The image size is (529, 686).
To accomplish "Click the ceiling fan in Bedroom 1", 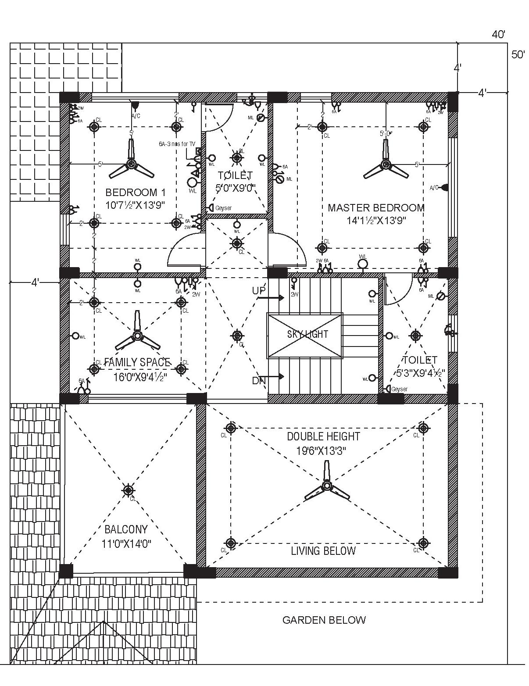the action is click(131, 164).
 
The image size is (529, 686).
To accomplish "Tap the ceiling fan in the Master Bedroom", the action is click(386, 165).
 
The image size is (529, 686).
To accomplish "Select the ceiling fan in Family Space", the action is click(137, 336).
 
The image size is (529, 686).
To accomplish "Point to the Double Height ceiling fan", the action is click(326, 486).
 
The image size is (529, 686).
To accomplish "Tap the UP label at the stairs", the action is click(259, 291).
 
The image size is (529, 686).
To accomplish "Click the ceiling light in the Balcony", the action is click(128, 490).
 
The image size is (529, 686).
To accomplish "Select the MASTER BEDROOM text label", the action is click(376, 207).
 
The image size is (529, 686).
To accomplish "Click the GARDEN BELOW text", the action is click(324, 620).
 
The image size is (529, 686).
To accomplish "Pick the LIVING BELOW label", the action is click(323, 551).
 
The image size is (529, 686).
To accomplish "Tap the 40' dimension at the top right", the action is click(498, 35).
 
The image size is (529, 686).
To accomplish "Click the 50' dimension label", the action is click(518, 55).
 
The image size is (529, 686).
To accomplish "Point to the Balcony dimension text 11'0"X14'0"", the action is click(126, 544).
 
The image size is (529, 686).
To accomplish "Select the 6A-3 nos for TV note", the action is click(177, 144).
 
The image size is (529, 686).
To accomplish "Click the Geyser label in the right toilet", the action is click(399, 389).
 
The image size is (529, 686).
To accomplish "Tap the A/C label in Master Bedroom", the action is click(434, 188).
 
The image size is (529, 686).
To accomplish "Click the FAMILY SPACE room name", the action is click(137, 362).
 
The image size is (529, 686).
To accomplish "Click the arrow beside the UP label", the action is click(275, 297).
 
